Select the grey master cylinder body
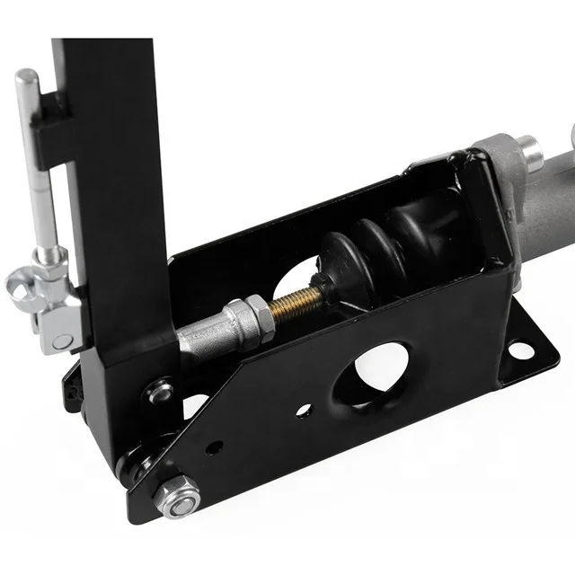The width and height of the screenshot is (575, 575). pos(548,202)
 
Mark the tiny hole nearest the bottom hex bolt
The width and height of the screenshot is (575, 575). pos(216,447)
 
